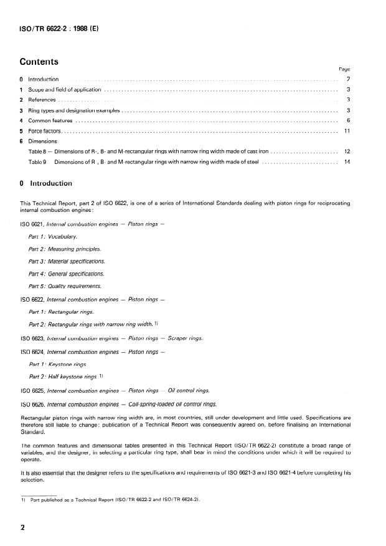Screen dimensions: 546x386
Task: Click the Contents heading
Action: (x=39, y=62)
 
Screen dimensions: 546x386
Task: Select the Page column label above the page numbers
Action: (x=344, y=69)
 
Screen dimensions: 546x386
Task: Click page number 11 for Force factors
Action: (x=347, y=131)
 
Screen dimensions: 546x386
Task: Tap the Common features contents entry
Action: (x=50, y=120)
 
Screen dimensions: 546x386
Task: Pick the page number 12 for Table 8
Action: (x=347, y=151)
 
